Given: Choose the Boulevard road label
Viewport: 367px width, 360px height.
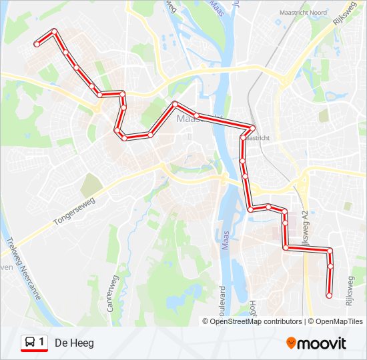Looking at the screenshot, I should coord(223,303).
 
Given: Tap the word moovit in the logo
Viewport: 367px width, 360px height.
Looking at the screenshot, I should coord(323,343).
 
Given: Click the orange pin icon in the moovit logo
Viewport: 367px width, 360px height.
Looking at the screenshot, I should coord(291,343).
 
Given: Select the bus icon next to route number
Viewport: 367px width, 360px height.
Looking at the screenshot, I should coord(30,343).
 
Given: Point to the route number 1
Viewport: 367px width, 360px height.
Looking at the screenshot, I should coord(42,343).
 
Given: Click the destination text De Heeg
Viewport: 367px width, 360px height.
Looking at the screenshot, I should coord(74,343).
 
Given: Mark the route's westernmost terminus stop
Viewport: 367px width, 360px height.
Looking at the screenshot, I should coord(36,44).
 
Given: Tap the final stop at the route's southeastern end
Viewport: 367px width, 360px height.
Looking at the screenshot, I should coord(328,295).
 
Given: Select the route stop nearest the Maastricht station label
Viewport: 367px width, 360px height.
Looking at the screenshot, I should coord(253,127).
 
